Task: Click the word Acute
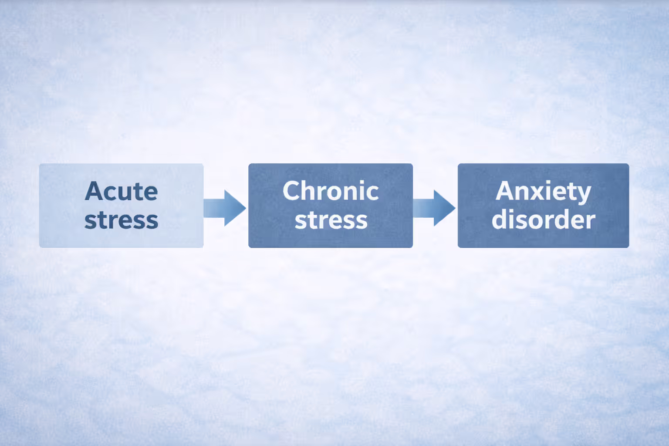click(x=121, y=191)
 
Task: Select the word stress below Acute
click(x=121, y=220)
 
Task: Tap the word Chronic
click(x=331, y=191)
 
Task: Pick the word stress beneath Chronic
click(x=331, y=220)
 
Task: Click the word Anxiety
click(x=543, y=192)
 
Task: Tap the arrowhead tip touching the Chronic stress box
click(x=245, y=208)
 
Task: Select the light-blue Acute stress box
click(x=61, y=235)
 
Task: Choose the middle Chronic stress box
click(x=270, y=235)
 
